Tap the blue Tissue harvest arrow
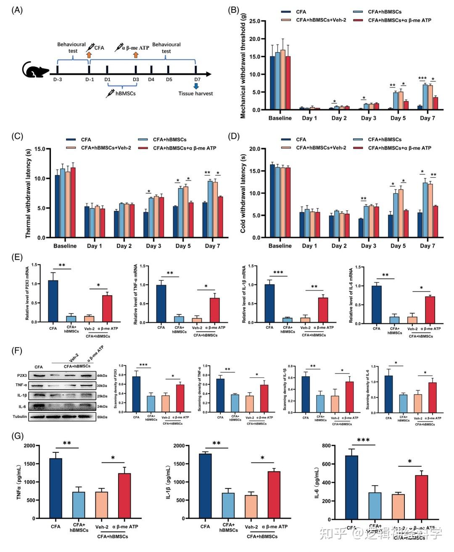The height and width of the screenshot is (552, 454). tap(196, 85)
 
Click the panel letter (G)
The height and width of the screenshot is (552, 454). tap(18, 436)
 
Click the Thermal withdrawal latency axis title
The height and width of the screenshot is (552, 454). tap(29, 193)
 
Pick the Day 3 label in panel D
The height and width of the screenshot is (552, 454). tap(368, 246)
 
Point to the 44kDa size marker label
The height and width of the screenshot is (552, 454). tap(102, 375)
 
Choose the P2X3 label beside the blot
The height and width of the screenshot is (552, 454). tap(22, 375)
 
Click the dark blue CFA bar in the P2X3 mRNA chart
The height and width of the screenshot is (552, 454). tap(53, 301)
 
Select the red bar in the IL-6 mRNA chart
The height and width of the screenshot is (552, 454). tap(430, 310)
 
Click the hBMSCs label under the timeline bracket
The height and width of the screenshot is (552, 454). tap(125, 93)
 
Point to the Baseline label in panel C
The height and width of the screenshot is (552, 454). tap(65, 246)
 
